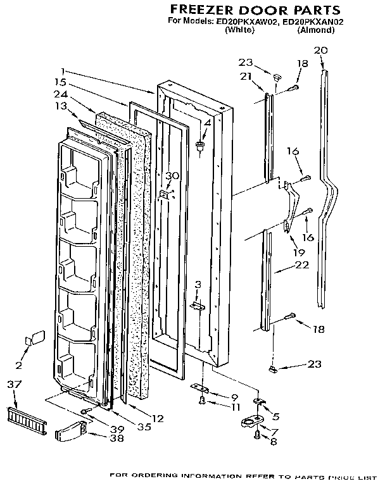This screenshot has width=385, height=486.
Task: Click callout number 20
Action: tap(320, 51)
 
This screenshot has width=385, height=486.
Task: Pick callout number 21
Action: tap(246, 77)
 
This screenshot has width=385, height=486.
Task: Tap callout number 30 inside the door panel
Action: tap(173, 176)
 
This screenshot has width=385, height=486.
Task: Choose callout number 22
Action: tap(301, 265)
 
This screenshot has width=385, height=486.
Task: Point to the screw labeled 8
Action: tap(256, 436)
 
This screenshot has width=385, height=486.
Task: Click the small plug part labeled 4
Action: tap(201, 147)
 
